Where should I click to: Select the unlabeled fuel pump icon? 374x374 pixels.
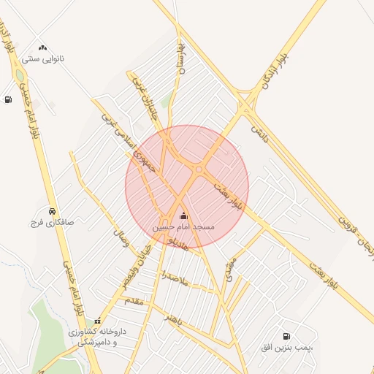[8, 100]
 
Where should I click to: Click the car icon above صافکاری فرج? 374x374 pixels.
[51, 210]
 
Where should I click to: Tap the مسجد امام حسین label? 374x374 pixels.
[183, 228]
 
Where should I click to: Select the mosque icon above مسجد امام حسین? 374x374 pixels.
[183, 215]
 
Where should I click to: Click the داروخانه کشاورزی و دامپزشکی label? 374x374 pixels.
[98, 336]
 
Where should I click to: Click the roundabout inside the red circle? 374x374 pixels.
[199, 170]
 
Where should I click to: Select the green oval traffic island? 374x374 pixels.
[20, 75]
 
